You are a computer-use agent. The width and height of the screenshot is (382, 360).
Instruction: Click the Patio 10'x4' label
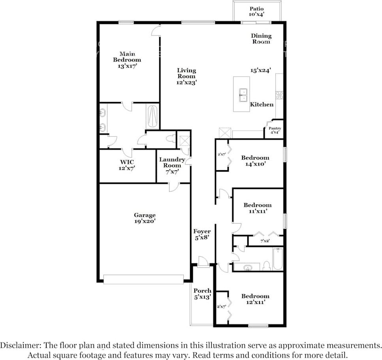(x=256, y=11)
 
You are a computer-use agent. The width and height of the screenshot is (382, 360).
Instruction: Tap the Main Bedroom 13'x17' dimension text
(x=127, y=66)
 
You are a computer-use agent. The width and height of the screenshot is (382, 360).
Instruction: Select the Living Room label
(x=186, y=73)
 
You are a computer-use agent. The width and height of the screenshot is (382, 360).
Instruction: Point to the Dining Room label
(x=261, y=39)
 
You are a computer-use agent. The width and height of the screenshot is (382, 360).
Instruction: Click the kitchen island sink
(x=243, y=95)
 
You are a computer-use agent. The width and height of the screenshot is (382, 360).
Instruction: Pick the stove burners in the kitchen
(x=279, y=94)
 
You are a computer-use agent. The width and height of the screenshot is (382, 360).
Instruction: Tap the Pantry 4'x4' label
(x=275, y=130)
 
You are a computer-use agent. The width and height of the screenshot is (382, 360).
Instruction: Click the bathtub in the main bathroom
(x=153, y=117)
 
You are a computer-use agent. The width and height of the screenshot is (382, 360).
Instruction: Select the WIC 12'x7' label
(x=127, y=165)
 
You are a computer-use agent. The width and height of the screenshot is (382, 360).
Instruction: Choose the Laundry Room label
(x=172, y=162)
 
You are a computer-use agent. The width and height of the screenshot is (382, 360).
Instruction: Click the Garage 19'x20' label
(x=145, y=218)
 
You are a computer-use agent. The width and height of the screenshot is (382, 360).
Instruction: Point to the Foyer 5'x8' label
(x=202, y=234)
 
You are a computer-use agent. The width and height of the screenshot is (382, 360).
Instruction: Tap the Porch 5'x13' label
(x=202, y=294)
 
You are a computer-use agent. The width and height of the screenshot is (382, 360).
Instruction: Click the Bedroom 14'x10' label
(x=255, y=161)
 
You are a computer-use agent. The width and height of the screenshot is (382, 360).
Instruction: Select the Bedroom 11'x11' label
(x=258, y=208)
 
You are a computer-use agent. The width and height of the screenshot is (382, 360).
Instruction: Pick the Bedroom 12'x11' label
(x=255, y=299)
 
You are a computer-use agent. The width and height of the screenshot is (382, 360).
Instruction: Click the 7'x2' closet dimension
(x=265, y=241)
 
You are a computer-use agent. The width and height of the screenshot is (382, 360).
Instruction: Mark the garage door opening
(x=143, y=279)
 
